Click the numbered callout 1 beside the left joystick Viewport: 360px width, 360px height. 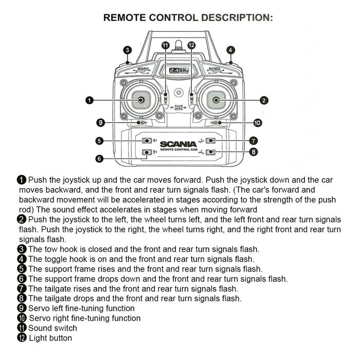pos(89,100)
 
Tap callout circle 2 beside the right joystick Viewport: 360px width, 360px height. pos(263,100)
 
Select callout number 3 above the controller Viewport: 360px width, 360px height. pos(128,50)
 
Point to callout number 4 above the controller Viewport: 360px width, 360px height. pos(230,50)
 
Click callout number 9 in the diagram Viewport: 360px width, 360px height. pos(101,122)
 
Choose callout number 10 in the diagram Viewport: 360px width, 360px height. pos(257,122)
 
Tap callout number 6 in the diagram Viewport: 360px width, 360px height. pos(100,158)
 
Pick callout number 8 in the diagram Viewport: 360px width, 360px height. pos(253,152)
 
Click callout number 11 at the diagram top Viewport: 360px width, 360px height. pos(165,45)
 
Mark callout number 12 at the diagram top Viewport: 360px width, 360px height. pos(191,45)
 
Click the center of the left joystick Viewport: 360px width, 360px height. pos(139,100)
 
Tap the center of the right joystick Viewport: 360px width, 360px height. pos(216,100)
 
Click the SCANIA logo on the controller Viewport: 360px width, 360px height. pos(177,144)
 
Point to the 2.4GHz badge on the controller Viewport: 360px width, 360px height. pos(179,70)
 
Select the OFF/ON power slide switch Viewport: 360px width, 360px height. pos(178,107)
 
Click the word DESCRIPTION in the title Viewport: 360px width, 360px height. pos(237,17)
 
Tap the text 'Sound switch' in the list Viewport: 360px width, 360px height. pos(52,328)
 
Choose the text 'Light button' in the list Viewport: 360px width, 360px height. pos(50,338)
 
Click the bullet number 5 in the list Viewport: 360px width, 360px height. pos(22,269)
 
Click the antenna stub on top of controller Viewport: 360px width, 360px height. pos(178,46)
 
